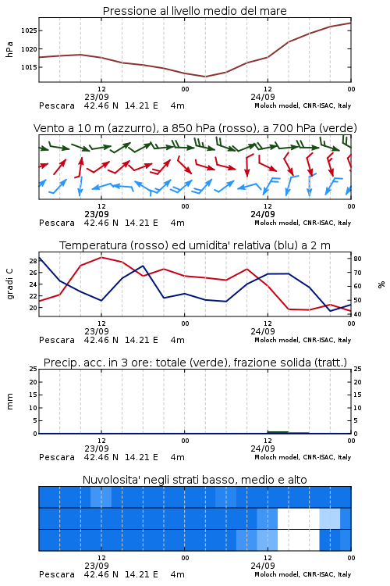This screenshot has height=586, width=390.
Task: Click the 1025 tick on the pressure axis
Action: tap(29, 30)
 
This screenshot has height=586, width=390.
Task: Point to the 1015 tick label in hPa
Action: tap(29, 67)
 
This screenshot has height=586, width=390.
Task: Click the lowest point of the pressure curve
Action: tap(205, 77)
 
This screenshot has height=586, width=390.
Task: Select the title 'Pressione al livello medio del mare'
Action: tap(195, 11)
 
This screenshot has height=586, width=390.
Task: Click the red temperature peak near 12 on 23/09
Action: tap(101, 258)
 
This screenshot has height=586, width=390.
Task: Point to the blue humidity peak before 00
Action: tap(143, 266)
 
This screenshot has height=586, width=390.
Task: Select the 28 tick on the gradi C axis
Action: tap(34, 261)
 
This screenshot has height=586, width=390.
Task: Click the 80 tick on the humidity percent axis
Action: tap(357, 259)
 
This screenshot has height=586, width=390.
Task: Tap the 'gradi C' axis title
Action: tap(10, 284)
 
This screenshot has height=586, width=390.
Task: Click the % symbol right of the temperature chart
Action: tap(381, 284)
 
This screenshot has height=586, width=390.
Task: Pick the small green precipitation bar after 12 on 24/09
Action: tap(278, 432)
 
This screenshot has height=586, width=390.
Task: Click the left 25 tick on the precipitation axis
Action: tap(34, 369)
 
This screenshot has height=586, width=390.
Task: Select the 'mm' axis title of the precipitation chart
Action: tap(10, 402)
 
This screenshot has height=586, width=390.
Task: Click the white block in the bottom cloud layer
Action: tap(299, 540)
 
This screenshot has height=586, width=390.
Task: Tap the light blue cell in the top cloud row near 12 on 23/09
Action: tap(101, 497)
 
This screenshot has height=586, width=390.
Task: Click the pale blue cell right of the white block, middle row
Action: tap(330, 518)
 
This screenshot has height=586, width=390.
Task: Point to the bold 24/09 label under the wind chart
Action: tap(263, 215)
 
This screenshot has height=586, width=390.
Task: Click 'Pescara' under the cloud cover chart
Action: tap(57, 574)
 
